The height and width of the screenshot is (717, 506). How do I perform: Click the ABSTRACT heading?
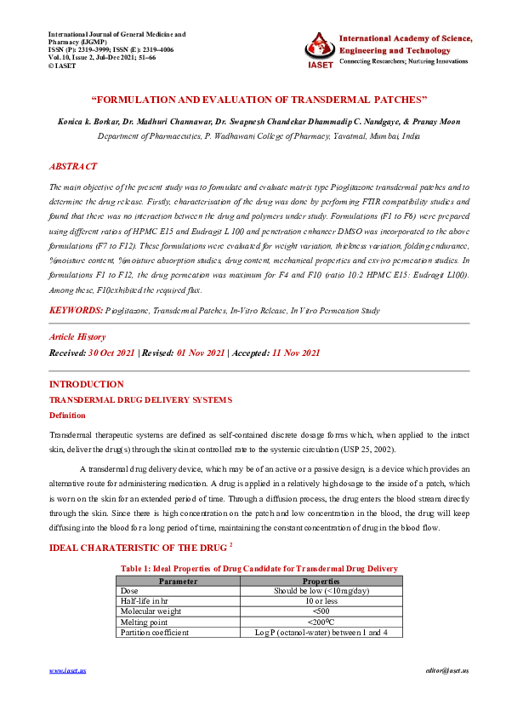pos(73,167)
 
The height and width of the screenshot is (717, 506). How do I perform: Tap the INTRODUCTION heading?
pos(87,384)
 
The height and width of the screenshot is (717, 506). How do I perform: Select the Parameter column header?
pos(179,581)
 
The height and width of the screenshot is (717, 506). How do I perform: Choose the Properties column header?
pos(321,581)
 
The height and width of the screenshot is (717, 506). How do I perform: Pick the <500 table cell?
pos(321,611)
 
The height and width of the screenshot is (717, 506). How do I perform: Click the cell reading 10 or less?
pos(321,601)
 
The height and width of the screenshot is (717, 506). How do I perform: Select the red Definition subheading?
pos(67,416)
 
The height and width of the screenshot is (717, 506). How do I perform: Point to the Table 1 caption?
pos(259,568)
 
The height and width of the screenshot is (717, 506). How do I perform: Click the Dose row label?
pos(129,591)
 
